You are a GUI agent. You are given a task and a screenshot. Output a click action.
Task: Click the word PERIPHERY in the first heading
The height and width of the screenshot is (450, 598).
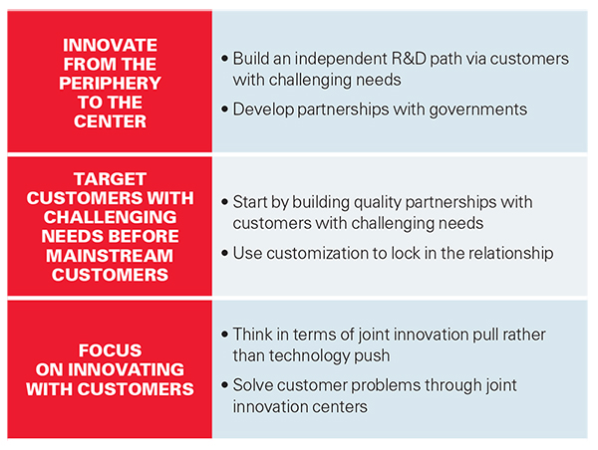110,83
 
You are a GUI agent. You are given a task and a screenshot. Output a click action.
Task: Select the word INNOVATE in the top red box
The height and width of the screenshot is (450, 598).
110,45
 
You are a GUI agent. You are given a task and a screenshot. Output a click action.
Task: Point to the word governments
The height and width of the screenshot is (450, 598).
477,111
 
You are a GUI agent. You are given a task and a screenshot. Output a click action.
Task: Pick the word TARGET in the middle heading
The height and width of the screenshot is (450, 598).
110,179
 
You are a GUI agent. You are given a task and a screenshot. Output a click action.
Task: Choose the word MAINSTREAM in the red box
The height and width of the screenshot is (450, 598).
110,256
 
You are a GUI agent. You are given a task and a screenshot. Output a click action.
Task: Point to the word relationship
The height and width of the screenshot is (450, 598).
510,254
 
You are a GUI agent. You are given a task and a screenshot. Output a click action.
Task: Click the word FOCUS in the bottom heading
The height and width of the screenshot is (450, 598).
110,350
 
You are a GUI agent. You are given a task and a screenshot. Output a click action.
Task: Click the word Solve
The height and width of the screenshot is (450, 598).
253,385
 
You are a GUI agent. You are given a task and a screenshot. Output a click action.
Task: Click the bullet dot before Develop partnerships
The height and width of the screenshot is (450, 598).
224,110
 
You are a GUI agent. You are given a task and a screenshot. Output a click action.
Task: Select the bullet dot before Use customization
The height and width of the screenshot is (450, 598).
224,253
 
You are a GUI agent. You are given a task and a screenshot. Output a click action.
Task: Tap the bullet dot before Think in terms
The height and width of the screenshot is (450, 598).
224,335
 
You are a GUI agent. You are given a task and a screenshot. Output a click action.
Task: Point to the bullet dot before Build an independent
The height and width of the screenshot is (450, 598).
224,59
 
